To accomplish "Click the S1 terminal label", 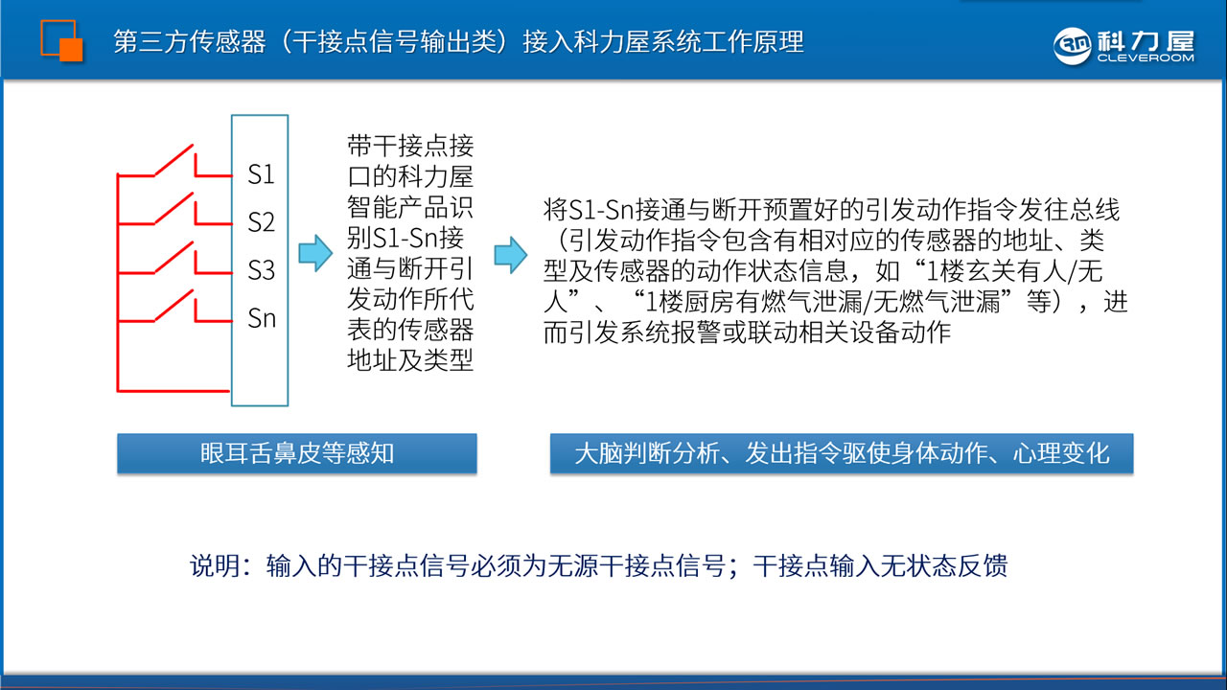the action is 261,174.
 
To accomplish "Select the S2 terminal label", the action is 261,222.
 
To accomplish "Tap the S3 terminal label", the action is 261,270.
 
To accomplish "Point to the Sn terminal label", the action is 262,318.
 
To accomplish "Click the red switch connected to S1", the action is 174,161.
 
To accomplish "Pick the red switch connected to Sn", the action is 174,306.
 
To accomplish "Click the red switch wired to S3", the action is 174,258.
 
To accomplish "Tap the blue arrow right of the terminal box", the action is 315,253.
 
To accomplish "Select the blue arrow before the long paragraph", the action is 511,255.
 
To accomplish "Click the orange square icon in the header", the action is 62,40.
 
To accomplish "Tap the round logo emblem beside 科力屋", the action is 1073,46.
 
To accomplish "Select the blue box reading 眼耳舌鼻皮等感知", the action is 297,453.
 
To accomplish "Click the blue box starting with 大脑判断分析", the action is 842,453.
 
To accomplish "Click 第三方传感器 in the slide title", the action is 190,42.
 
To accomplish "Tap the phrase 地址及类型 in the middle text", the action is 410,360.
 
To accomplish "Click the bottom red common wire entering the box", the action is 174,391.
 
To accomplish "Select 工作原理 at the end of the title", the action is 752,42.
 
